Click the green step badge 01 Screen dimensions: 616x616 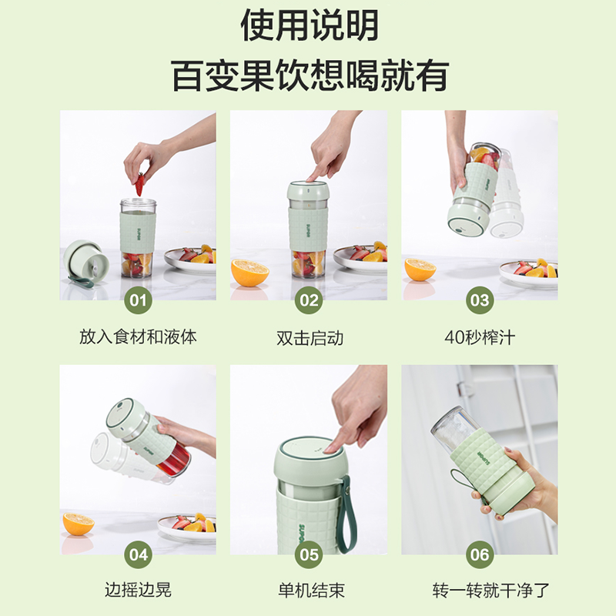click(x=138, y=299)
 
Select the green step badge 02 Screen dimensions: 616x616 click(x=309, y=299)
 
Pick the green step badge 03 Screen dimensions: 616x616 click(x=479, y=299)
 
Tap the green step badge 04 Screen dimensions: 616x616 click(x=138, y=553)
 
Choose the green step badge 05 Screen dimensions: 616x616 click(x=309, y=553)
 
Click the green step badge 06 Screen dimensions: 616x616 click(x=479, y=553)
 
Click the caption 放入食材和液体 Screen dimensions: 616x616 click(x=138, y=337)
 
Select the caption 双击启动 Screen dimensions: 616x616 click(x=309, y=337)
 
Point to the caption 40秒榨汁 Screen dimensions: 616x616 click(x=479, y=337)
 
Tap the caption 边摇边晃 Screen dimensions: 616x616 click(x=138, y=591)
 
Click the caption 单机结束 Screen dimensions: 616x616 click(x=309, y=591)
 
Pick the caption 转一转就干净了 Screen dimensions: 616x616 click(x=479, y=591)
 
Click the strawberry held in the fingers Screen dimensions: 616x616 click(x=139, y=185)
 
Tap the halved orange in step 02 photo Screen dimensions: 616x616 click(x=250, y=272)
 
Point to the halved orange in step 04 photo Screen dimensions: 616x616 click(x=78, y=524)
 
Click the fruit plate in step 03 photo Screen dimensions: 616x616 click(x=528, y=270)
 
